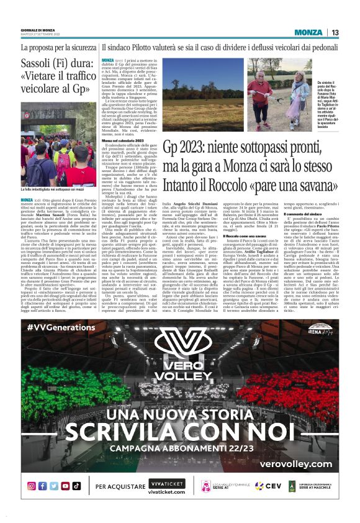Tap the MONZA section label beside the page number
click(x=308, y=32)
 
